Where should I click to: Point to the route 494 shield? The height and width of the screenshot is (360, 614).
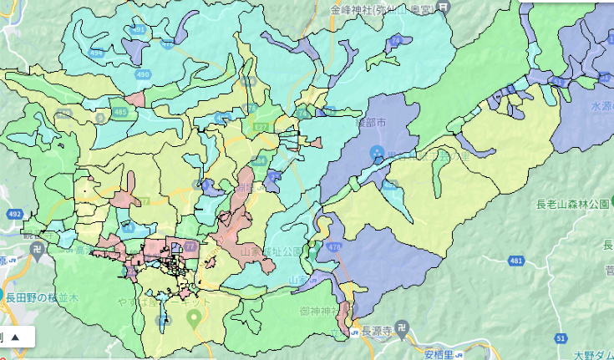click(97, 53)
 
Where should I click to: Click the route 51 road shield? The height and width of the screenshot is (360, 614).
click(560, 337)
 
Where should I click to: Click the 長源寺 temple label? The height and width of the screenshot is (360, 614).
click(378, 331)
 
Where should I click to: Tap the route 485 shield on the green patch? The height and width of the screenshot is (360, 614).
click(120, 111)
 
